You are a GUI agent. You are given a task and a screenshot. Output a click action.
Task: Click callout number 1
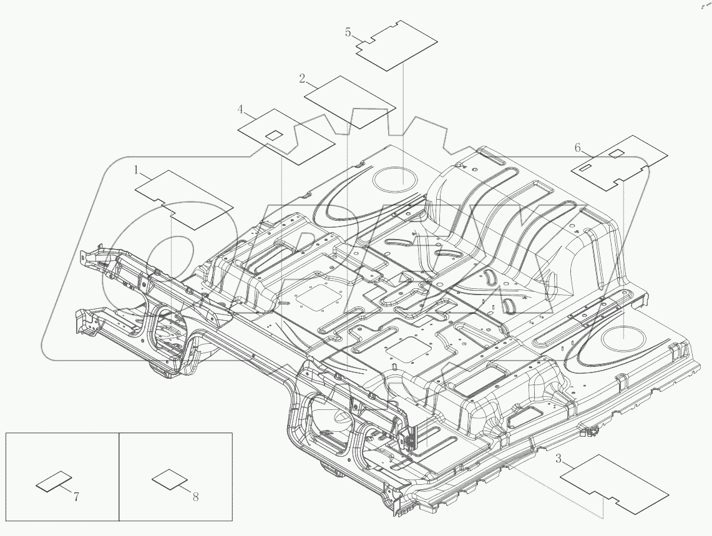coord(136,170)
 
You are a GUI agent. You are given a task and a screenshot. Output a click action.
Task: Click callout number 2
coord(302,79)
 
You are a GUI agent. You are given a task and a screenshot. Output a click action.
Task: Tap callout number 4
coord(240,110)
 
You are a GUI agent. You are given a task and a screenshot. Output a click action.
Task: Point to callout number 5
coord(348,32)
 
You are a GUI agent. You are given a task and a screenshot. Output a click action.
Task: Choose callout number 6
coord(578,147)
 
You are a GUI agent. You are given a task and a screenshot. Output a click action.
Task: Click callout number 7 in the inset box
coord(76,497)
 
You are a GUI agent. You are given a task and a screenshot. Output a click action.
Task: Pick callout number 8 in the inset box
coord(195,497)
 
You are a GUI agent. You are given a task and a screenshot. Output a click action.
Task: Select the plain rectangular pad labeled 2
coord(350,102)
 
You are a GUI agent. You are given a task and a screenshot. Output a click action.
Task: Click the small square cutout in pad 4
coord(273,135)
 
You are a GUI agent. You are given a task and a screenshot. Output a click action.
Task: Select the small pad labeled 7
coord(53,482)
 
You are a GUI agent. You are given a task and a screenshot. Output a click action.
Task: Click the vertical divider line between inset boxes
coord(119,476)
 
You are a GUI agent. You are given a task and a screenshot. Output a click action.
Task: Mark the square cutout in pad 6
coord(616,153)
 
